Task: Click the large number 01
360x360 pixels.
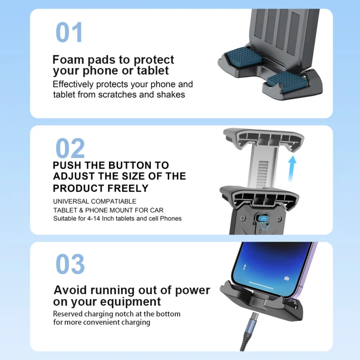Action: coord(69,32)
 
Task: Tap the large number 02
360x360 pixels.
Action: coord(70,148)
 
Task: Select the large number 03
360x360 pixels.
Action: coord(70,264)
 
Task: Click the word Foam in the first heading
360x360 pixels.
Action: coord(68,60)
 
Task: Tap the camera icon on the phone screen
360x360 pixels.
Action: coord(286,278)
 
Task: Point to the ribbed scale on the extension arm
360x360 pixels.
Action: coord(263,172)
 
